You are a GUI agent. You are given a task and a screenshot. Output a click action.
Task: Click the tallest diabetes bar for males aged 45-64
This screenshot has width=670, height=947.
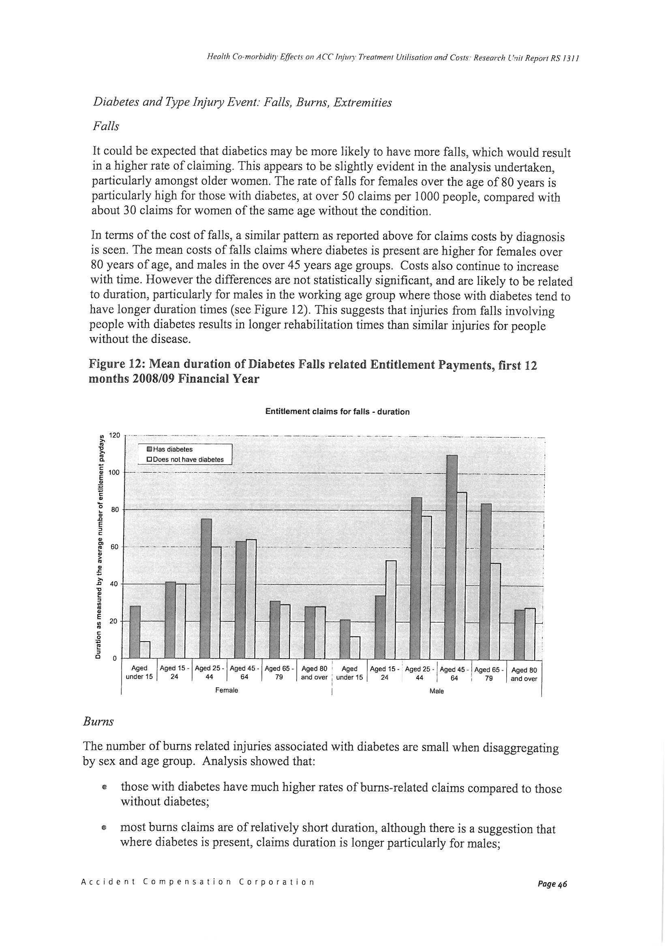pyautogui.click(x=452, y=557)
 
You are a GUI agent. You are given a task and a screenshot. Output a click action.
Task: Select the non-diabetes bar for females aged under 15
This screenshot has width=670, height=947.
pyautogui.click(x=145, y=650)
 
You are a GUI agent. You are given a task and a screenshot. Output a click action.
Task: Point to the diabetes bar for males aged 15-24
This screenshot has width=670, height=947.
pyautogui.click(x=380, y=627)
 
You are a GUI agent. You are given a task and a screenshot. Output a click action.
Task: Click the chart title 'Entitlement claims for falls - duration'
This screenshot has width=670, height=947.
pyautogui.click(x=337, y=412)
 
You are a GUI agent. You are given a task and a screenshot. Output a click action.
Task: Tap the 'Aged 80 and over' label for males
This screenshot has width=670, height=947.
pyautogui.click(x=524, y=674)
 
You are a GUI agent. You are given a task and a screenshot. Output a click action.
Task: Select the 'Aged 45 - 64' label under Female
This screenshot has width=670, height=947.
pyautogui.click(x=244, y=673)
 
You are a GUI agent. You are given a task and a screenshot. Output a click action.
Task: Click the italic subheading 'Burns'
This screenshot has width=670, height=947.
pyautogui.click(x=98, y=722)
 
